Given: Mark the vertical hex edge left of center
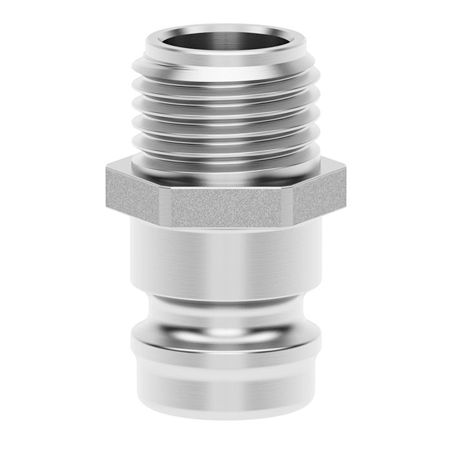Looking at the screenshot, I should click(164, 205).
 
